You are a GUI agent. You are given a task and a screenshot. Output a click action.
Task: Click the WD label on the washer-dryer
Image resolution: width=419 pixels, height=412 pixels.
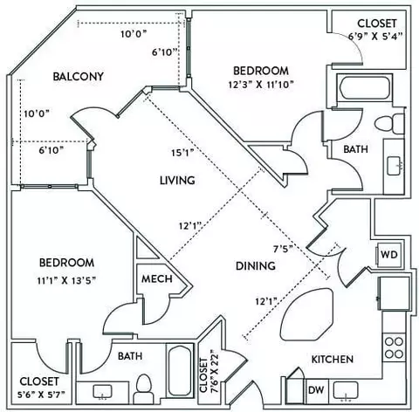pos(389,255)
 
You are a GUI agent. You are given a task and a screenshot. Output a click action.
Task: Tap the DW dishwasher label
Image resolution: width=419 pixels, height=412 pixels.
pos(316,390)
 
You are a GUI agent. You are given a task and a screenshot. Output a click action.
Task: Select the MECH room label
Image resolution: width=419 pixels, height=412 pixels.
pos(157,279)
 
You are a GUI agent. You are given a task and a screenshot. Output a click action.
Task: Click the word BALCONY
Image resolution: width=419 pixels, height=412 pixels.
pos(79,77)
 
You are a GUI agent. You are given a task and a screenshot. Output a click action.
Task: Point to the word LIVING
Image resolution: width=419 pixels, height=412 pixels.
pos(177,181)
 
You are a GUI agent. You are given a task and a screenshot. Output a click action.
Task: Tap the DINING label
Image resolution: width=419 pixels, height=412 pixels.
pos(256,266)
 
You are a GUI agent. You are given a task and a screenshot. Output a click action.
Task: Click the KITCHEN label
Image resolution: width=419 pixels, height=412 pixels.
pos(333,360)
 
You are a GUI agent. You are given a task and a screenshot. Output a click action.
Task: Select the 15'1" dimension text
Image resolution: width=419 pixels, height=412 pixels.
pos(182,153)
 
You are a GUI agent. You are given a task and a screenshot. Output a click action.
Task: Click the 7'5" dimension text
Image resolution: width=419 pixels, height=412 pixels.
pos(283,249)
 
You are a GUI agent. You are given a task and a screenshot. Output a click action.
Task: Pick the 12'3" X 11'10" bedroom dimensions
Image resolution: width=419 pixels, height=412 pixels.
pos(261,85)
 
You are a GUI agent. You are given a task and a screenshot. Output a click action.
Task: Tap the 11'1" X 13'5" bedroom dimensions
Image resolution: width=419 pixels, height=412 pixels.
pos(66,281)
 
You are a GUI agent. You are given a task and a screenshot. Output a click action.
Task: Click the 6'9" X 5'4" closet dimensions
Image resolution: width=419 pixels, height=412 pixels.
pos(375,37)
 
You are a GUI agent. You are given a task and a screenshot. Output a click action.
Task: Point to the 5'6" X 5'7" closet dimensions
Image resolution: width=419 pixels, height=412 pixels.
pos(41,395)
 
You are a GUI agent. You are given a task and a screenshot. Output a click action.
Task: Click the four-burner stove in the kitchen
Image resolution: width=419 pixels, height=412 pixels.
pos(394,347)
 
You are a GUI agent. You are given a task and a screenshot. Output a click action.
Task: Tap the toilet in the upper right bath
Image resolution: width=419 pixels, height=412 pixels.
pos(389,124)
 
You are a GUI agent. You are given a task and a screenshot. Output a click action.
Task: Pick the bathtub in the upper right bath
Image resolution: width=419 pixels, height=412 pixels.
pos(365,87)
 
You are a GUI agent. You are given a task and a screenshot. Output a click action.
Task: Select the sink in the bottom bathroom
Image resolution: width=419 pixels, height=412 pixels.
pos(102,392)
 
